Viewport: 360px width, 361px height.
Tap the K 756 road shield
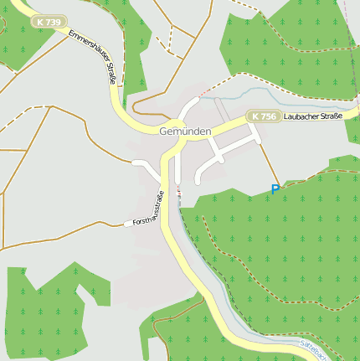click(263, 116)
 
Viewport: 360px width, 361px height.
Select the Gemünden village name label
click(185, 132)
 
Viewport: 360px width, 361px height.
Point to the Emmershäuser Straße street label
click(92, 58)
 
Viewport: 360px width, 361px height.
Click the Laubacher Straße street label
click(312, 116)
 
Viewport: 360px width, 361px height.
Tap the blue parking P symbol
click(275, 190)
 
